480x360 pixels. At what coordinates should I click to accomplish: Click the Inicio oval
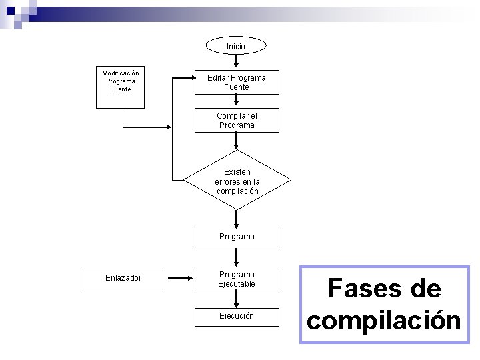[x=236, y=46]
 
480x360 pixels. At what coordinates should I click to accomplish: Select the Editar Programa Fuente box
[x=236, y=83]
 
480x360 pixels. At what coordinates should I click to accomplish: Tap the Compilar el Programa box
[x=236, y=121]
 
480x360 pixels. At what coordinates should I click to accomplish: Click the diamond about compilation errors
[x=237, y=180]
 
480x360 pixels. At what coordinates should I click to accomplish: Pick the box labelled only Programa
[x=237, y=237]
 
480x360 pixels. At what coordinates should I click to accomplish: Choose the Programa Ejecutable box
[x=237, y=279]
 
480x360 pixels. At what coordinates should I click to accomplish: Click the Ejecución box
[x=237, y=316]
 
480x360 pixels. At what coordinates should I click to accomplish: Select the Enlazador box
[x=123, y=278]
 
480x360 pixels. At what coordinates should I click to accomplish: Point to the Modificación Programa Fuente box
[x=121, y=87]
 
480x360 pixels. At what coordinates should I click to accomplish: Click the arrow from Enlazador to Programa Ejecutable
[x=179, y=278]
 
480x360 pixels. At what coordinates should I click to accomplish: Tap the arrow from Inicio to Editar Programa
[x=236, y=61]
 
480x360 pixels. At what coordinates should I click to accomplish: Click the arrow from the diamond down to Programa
[x=236, y=219]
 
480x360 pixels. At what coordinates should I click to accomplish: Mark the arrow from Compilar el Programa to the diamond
[x=236, y=141]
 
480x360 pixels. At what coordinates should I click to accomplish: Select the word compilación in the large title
[x=384, y=320]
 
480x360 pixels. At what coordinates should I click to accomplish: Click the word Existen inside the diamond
[x=237, y=172]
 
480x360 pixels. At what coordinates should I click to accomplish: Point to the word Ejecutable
[x=237, y=284]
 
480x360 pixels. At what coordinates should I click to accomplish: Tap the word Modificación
[x=121, y=73]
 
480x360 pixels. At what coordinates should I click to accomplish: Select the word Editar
[x=218, y=78]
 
